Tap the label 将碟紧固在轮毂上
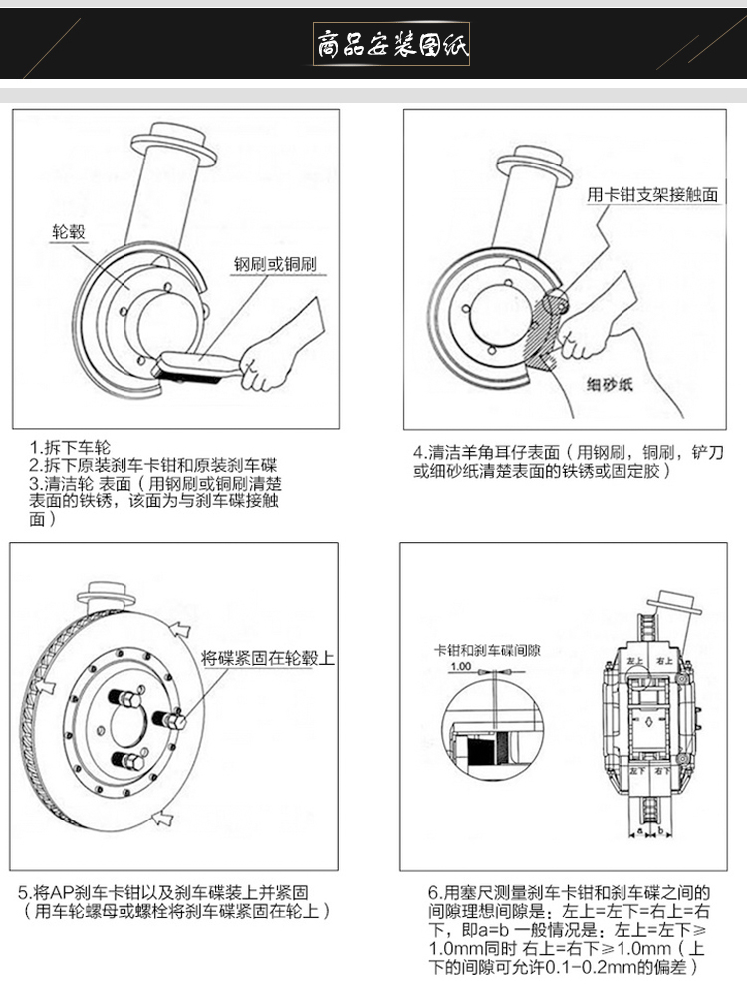[x=267, y=658]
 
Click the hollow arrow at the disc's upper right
[x=180, y=628]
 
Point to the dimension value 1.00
[x=461, y=666]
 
